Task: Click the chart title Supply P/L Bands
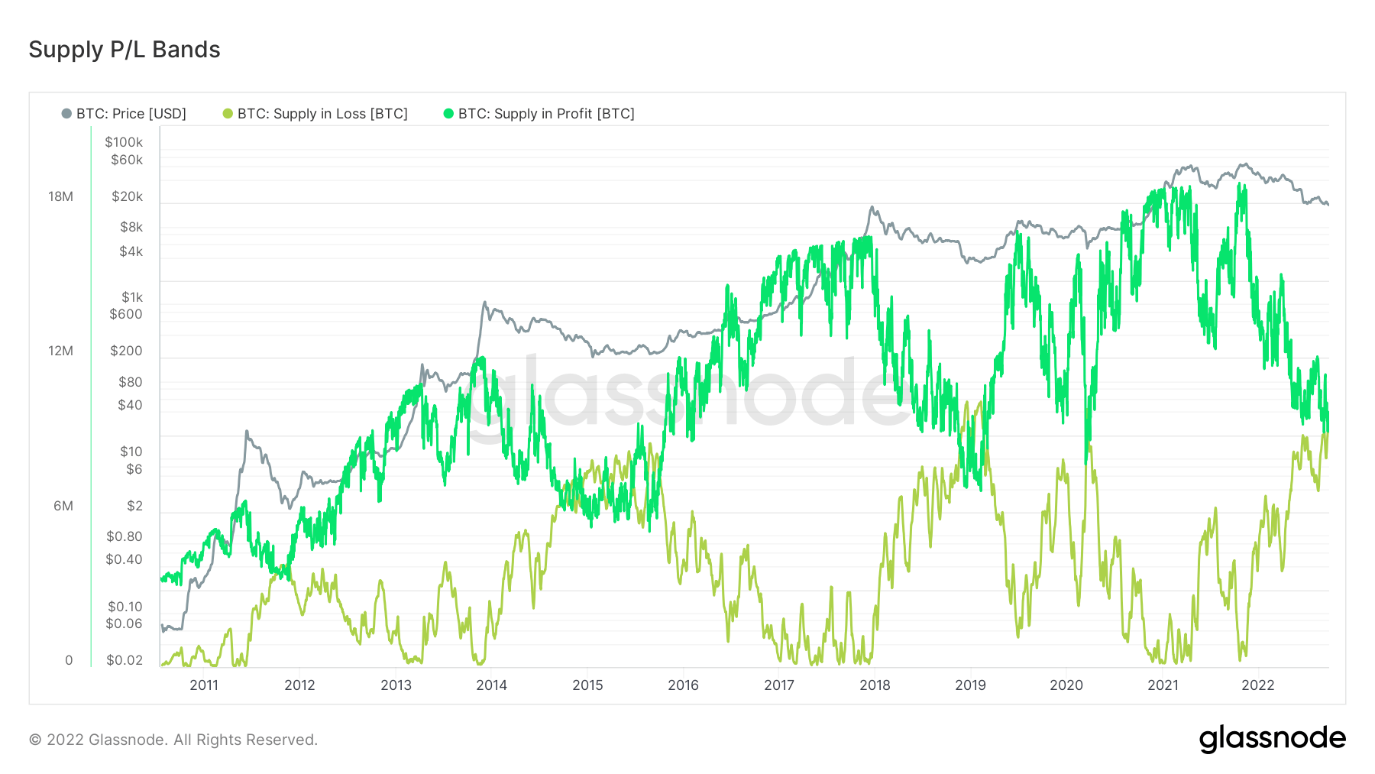125,50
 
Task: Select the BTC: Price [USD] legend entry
131,114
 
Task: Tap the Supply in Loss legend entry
322,114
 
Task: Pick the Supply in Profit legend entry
545,114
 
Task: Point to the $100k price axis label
124,142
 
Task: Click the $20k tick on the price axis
127,196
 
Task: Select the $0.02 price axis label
125,660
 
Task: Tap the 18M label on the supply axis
60,196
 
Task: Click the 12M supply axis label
60,351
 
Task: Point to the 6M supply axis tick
63,506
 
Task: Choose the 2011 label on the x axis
204,685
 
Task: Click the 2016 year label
683,685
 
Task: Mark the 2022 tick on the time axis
1257,685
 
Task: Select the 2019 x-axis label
970,685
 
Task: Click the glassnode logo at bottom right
1272,739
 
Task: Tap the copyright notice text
173,740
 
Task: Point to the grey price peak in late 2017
871,208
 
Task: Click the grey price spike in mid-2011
247,432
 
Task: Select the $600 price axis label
126,314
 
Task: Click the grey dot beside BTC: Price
66,114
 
